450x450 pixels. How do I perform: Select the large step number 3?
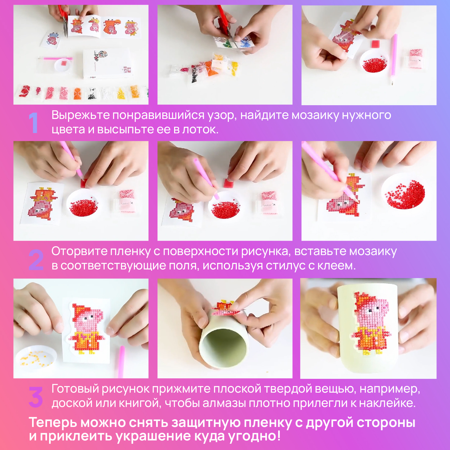[36, 397]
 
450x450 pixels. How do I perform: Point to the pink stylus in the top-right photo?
[393, 59]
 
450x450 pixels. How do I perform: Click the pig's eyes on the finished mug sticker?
[372, 311]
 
